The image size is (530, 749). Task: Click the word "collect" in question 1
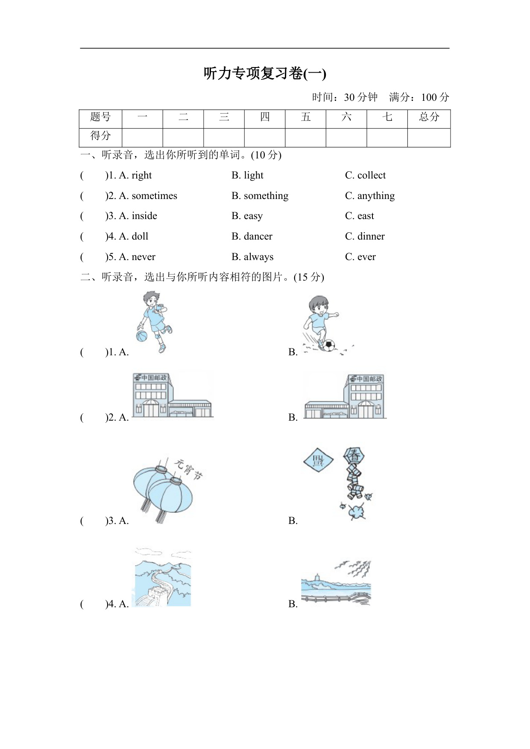[x=371, y=176]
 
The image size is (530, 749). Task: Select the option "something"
[x=266, y=196]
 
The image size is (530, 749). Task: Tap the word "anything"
[x=376, y=196]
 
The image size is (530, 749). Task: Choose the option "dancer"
[x=258, y=237]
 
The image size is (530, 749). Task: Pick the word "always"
[x=258, y=257]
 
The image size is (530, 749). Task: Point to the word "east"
[x=365, y=216]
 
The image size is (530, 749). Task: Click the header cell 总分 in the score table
[x=429, y=117]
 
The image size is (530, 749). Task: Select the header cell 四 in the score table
[x=265, y=117]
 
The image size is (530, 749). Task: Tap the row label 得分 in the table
[x=100, y=136]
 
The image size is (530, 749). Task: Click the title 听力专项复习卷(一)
[x=265, y=74]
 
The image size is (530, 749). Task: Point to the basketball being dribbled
[x=141, y=336]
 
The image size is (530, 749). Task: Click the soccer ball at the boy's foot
[x=329, y=345]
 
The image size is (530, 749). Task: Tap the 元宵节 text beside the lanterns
[x=189, y=469]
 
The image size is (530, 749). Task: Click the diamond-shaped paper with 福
[x=318, y=461]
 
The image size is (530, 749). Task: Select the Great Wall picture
[x=163, y=577]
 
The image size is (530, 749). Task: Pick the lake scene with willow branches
[x=336, y=583]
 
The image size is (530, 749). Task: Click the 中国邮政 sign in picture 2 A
[x=151, y=377]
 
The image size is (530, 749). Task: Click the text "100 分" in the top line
[x=435, y=97]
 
